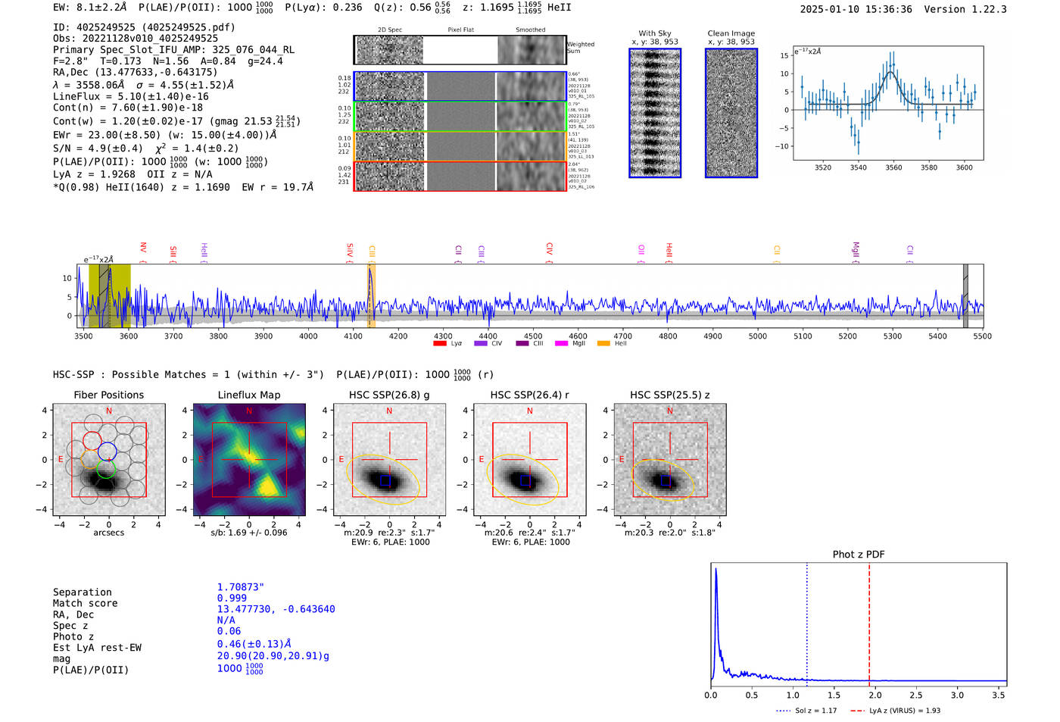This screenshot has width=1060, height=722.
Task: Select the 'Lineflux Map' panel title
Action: (249, 395)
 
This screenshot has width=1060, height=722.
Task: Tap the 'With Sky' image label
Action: (655, 33)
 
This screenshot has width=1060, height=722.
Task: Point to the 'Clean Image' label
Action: (731, 33)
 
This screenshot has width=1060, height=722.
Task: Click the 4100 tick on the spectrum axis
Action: (354, 336)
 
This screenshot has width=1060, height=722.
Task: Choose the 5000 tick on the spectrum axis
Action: (758, 336)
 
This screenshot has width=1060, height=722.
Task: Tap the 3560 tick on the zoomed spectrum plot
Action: (893, 167)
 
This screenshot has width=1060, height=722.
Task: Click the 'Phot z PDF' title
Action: (859, 554)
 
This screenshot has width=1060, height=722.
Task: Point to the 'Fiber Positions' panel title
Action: (109, 395)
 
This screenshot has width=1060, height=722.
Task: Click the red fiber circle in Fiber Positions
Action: (92, 440)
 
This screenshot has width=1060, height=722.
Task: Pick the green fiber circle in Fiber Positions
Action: (106, 469)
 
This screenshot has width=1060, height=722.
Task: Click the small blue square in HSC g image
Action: (385, 480)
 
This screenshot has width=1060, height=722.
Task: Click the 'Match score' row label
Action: (85, 603)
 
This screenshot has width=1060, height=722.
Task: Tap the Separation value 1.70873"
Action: (241, 587)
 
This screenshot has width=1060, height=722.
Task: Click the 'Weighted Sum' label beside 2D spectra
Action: (580, 48)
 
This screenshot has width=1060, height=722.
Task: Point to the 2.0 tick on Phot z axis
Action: (874, 695)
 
